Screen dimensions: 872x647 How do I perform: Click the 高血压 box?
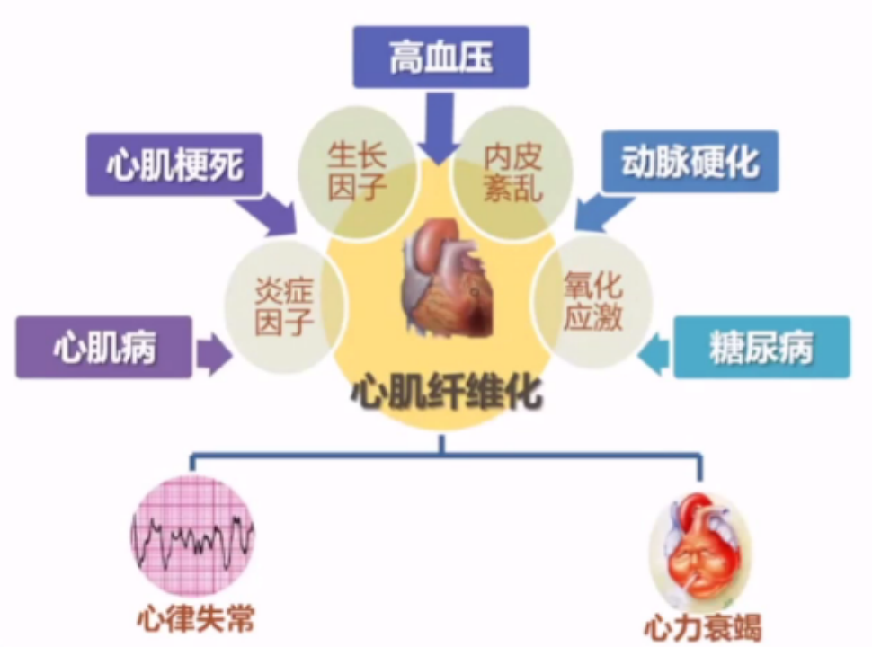point(441,57)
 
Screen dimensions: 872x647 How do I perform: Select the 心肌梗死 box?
point(174,164)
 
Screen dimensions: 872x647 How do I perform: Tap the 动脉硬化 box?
point(690,162)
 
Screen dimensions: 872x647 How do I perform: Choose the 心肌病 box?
point(104,348)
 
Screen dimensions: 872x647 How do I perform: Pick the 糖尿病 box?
point(762,348)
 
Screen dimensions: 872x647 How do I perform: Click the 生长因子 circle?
point(358,173)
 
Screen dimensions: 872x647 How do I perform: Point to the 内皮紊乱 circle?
point(512,173)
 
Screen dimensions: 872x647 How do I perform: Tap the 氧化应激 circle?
point(592,301)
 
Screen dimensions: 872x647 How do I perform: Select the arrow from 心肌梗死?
point(267,214)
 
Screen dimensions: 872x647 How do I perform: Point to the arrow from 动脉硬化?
point(603,211)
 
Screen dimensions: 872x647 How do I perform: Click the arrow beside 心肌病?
point(214,354)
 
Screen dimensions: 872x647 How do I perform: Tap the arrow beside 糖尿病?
point(653,354)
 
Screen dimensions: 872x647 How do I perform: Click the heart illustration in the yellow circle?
point(449,278)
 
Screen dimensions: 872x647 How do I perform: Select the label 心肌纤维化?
point(447,394)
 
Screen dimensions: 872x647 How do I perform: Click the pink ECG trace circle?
point(192,536)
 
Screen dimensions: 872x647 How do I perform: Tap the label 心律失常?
point(195,618)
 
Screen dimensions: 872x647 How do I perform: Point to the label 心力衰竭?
point(703,628)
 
